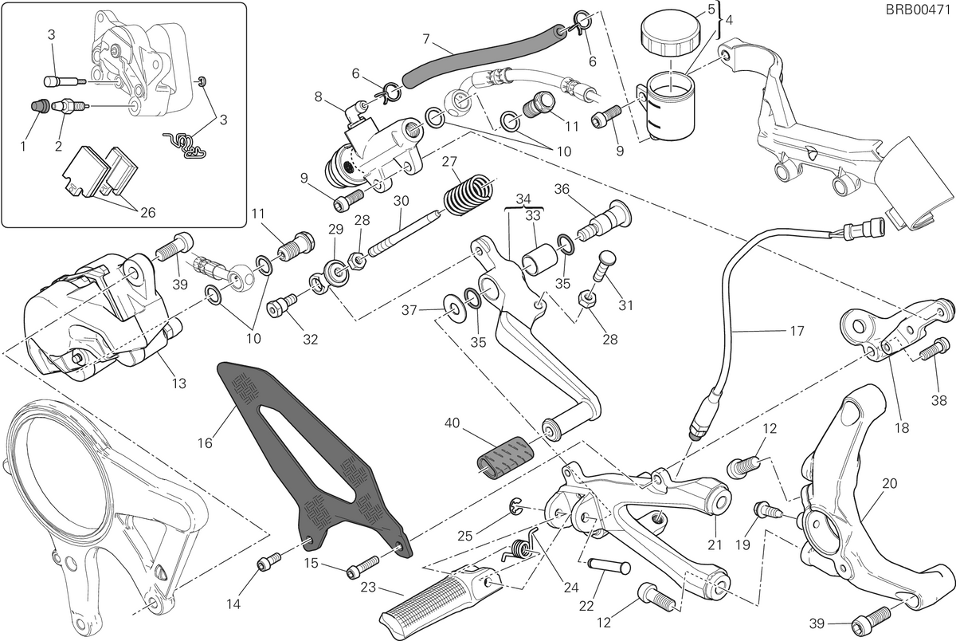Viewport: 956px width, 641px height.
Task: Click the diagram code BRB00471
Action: [919, 10]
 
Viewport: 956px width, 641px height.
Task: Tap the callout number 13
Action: [179, 383]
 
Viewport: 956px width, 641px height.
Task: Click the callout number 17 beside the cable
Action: [797, 331]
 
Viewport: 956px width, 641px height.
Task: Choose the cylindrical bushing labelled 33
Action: [540, 260]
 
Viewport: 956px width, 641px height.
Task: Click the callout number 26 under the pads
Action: [147, 212]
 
